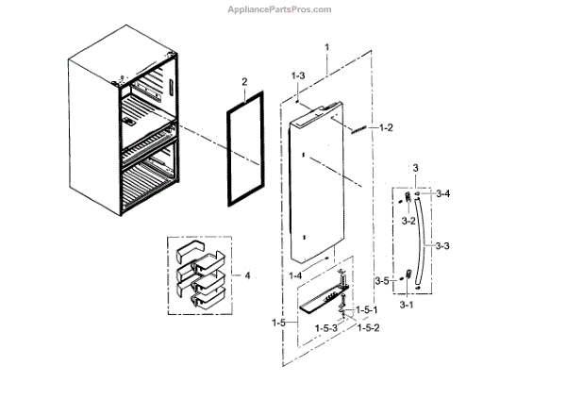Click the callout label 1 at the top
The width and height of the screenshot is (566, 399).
tap(326, 47)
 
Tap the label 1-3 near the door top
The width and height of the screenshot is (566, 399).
tap(298, 75)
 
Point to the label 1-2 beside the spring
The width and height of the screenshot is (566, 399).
tap(388, 126)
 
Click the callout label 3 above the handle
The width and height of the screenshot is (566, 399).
tap(415, 168)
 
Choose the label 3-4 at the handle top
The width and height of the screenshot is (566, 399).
tap(443, 193)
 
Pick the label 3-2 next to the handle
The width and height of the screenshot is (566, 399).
tap(408, 221)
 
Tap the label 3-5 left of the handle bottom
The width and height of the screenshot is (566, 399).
tap(381, 281)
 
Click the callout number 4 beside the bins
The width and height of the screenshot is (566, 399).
tap(247, 276)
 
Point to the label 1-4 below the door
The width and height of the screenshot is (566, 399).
tap(294, 274)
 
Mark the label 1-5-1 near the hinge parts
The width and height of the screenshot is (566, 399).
tap(368, 310)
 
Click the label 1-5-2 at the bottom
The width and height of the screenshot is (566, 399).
tap(366, 329)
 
